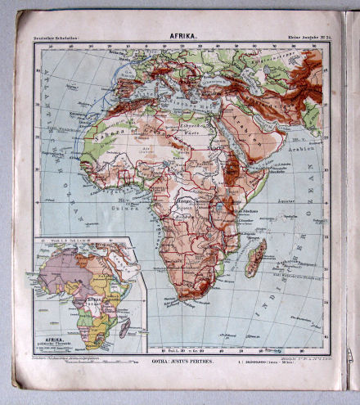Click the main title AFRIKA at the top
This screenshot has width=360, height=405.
(182, 35)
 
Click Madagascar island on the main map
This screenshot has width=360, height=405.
(255, 258)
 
